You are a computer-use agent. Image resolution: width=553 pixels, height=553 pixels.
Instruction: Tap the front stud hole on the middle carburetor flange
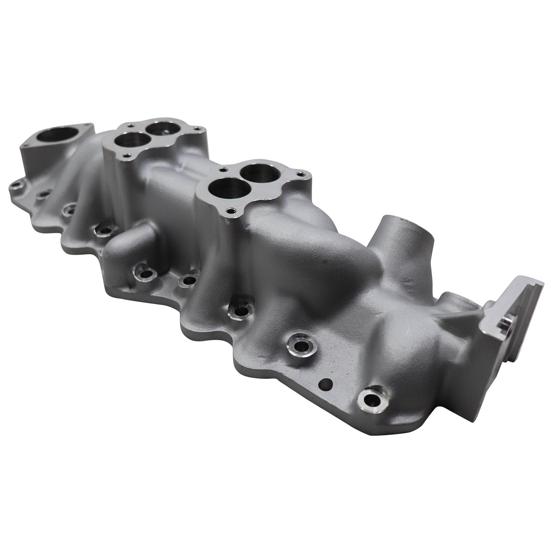[230, 210]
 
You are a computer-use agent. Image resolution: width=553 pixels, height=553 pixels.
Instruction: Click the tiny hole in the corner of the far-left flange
[89, 126]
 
